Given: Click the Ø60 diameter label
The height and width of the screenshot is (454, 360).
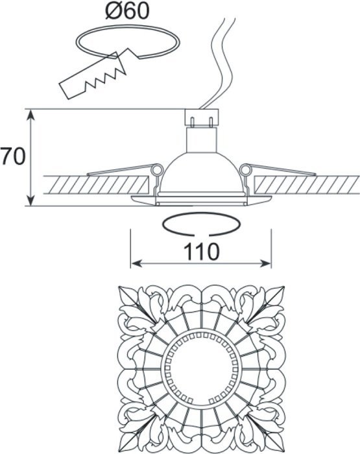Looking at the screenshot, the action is [127, 11].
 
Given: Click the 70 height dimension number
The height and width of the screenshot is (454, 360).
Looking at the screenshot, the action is [13, 157].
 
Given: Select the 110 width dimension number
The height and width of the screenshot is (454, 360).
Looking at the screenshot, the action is [202, 251].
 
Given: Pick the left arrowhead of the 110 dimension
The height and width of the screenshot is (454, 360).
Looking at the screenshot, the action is [136, 263].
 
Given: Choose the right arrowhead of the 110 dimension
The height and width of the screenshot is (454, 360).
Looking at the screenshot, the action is [265, 263].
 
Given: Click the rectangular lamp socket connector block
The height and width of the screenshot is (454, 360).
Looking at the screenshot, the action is [202, 117].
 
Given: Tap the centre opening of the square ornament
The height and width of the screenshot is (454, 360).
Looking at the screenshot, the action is [202, 369].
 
